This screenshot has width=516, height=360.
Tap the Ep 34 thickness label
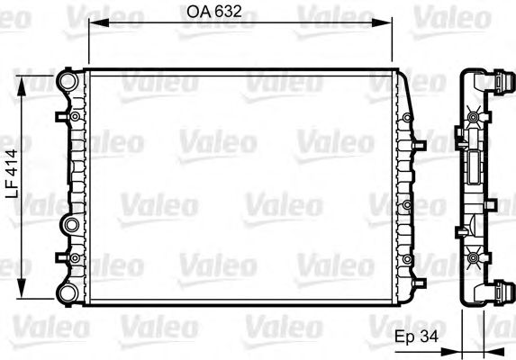(x=415, y=337)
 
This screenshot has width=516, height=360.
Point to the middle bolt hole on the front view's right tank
(x=408, y=206)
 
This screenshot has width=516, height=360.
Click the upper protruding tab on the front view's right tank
(x=416, y=143)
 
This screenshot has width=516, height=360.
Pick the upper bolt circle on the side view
(x=474, y=115)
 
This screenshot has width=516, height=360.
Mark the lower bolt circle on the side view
(x=474, y=260)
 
